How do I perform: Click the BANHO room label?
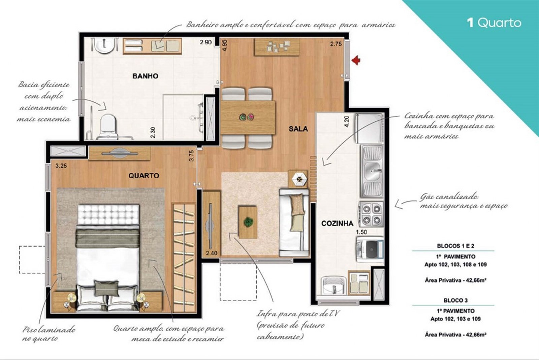coord(145,76)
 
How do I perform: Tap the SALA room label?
coord(298,129)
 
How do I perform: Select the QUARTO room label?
coord(144,176)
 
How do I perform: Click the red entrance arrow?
coord(356,60)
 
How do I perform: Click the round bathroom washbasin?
coord(104,45)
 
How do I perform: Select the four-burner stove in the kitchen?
coord(371,214)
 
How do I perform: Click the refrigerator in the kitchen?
coord(369,128)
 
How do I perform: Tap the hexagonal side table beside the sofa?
coord(299,179)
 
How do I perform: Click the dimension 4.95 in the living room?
coord(225,45)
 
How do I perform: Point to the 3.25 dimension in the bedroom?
coord(61,166)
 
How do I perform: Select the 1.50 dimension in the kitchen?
coord(361,232)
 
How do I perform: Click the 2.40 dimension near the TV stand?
coord(212,253)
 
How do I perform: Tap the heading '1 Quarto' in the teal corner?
coord(494,23)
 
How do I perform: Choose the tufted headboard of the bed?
coord(108,215)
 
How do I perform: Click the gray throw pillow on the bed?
coord(106,288)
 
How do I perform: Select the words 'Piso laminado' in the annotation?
coord(49,329)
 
